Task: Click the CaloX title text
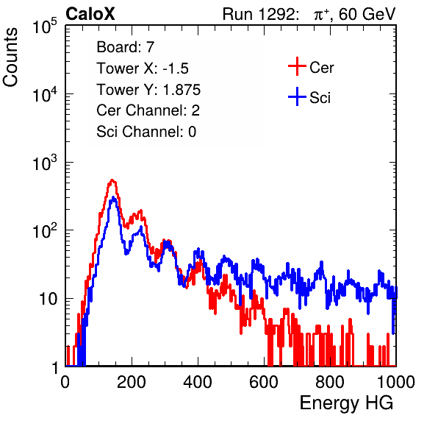click(90, 14)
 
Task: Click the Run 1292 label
click(259, 14)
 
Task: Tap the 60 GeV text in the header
click(367, 14)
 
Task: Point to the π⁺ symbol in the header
click(321, 15)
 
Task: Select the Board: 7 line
click(126, 46)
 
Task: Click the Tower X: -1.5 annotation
click(143, 68)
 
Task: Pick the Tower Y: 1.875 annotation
click(148, 89)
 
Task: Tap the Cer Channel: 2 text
click(148, 110)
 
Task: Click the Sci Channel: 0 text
click(146, 132)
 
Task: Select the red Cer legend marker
click(297, 66)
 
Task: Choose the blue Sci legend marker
click(297, 96)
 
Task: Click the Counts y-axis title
click(10, 57)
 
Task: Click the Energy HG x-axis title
click(346, 403)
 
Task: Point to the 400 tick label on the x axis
click(198, 382)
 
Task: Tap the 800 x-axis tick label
click(330, 382)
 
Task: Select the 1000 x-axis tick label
click(396, 382)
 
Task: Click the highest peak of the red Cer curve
click(112, 180)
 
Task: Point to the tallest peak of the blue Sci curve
click(113, 197)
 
